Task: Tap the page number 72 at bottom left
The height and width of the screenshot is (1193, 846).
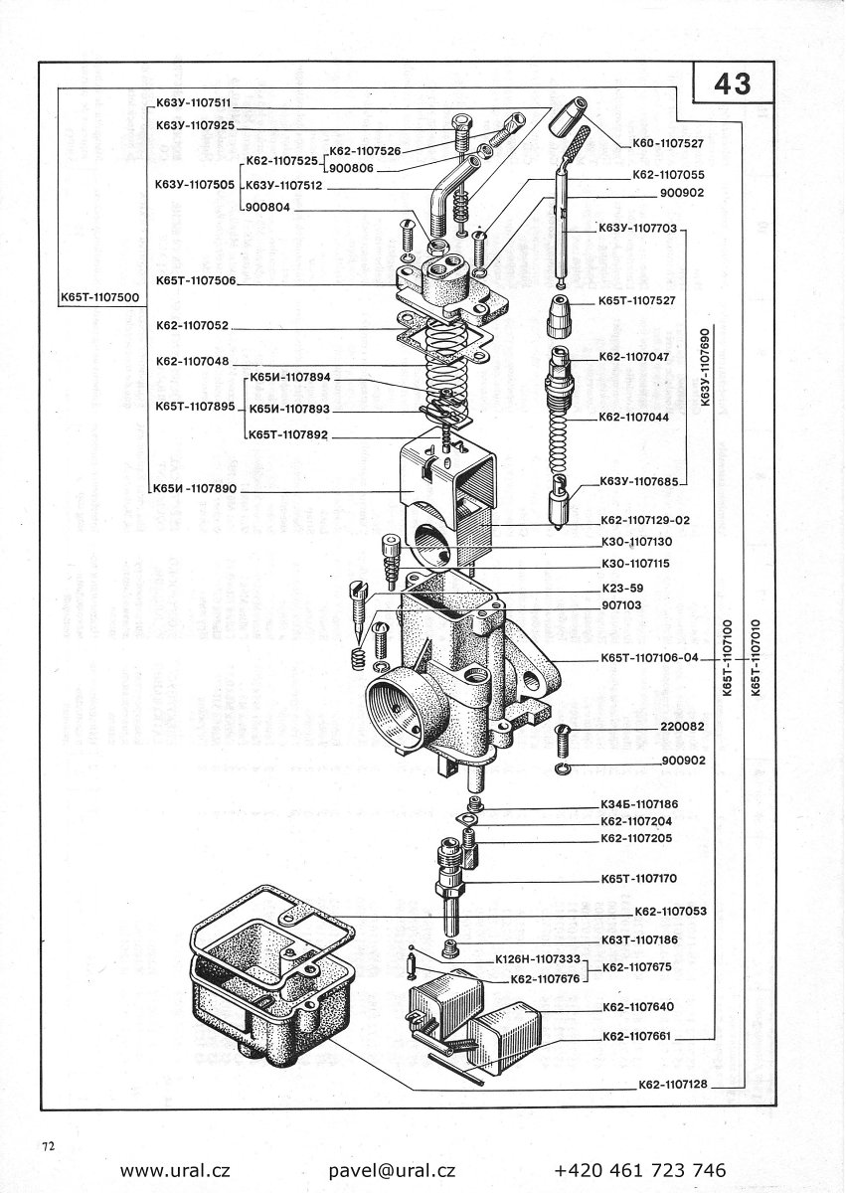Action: (48, 1146)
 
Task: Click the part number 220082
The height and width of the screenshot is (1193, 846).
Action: (682, 727)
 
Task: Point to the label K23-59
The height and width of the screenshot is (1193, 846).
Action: (623, 588)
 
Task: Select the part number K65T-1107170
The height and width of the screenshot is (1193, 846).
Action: (639, 879)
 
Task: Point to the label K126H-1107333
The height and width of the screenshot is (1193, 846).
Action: (538, 961)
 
